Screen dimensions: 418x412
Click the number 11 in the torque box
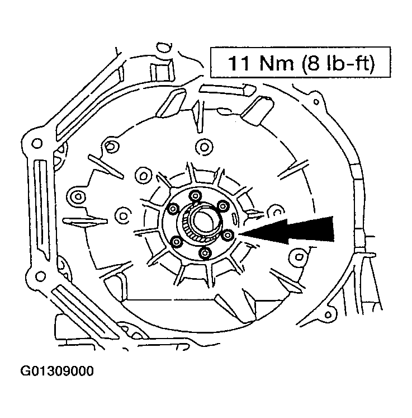[x=239, y=63]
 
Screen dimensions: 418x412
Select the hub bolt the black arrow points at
[x=228, y=236]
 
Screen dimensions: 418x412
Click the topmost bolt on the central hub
[x=195, y=195]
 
